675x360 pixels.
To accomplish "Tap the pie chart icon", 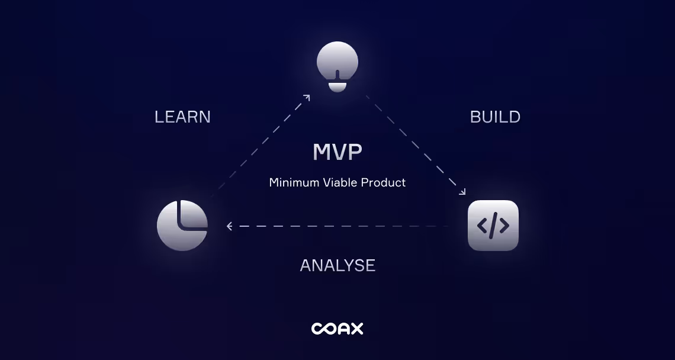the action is click(x=182, y=226).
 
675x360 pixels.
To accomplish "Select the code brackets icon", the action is click(x=493, y=226).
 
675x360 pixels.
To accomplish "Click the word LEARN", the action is click(x=182, y=117).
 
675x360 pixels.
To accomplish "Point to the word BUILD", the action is click(x=495, y=117).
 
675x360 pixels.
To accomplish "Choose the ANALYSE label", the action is click(x=337, y=265).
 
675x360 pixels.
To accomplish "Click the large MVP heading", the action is click(x=337, y=153).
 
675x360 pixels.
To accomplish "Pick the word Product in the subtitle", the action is click(x=384, y=182).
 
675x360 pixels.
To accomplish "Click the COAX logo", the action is click(x=337, y=329).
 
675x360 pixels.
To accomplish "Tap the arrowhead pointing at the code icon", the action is click(x=462, y=192).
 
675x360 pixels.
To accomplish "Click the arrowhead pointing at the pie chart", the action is click(x=230, y=226).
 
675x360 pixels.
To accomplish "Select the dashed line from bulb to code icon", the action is click(x=414, y=143).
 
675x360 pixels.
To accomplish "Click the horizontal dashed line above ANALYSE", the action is click(x=337, y=226).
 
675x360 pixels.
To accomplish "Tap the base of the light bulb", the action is click(x=337, y=87).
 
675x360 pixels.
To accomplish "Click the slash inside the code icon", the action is click(x=493, y=226).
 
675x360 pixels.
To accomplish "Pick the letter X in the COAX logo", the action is click(x=355, y=329).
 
